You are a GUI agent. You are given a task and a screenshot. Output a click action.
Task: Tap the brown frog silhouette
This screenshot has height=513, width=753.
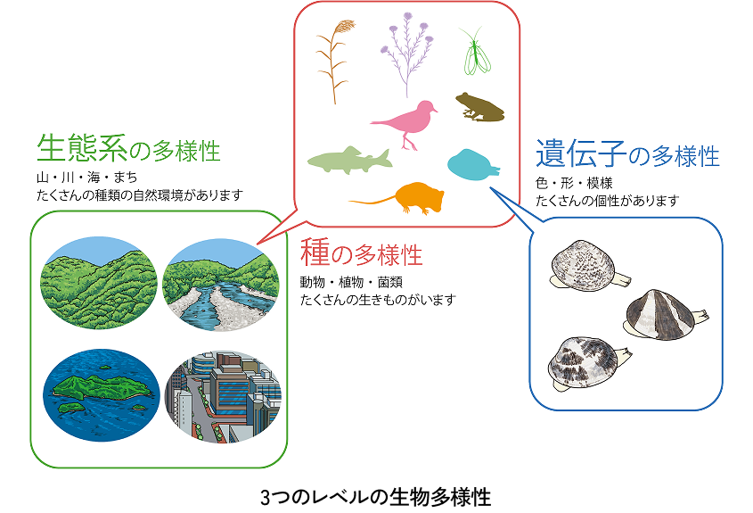479,106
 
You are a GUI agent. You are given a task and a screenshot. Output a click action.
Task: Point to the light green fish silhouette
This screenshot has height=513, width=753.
348,161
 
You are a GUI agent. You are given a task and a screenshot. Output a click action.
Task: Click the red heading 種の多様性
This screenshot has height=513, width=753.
361,254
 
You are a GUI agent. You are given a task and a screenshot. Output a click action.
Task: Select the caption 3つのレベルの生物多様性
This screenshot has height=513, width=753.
376,496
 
